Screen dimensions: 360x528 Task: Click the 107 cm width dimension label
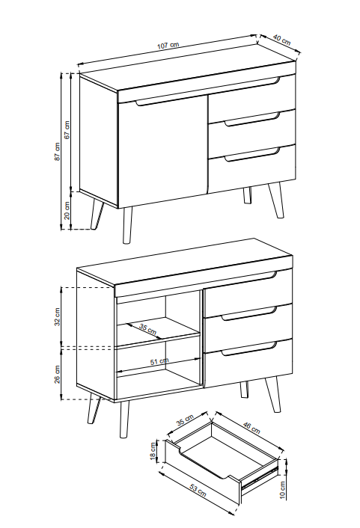coord(168,46)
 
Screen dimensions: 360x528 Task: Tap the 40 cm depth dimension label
coord(282,40)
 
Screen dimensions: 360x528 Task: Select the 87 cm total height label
coord(58,151)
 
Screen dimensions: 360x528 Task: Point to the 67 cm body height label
coord(67,129)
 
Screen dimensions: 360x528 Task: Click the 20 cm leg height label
coord(67,210)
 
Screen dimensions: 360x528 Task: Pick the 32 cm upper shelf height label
coord(58,316)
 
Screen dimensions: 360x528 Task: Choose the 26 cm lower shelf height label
coord(58,374)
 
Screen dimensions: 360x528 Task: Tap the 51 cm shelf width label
coord(159,361)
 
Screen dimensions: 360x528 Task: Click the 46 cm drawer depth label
coord(251,427)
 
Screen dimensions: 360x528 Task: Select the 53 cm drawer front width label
coord(198,491)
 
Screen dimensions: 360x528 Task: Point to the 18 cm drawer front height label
coord(153,452)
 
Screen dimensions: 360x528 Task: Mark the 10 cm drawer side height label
coord(282,490)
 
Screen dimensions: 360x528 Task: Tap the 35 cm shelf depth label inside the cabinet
coord(148,329)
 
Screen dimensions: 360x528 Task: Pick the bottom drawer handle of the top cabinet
coord(252,155)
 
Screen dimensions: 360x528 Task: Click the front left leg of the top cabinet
coord(127,225)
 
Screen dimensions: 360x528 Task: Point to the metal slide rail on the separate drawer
coord(260,476)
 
